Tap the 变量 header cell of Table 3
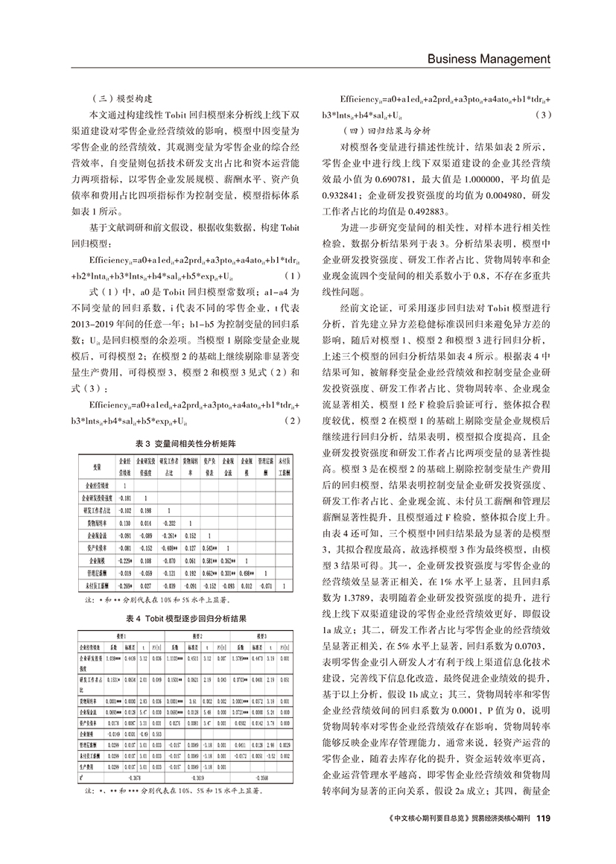click(x=97, y=466)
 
